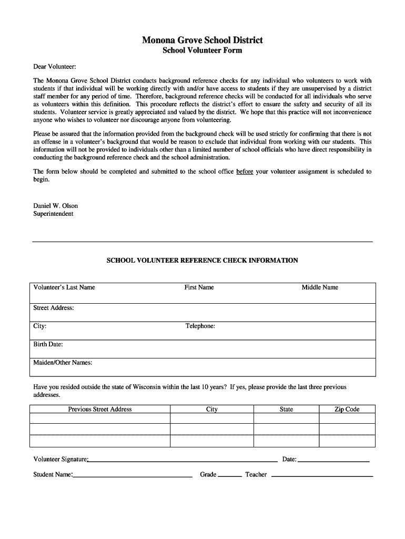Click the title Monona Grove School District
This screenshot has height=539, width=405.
202,40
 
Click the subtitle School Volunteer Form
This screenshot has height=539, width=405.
202,51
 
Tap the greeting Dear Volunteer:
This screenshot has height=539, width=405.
55,67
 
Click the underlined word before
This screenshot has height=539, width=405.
245,172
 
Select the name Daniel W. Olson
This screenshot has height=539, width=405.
56,206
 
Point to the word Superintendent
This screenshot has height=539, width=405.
53,214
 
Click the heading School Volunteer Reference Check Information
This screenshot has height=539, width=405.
202,261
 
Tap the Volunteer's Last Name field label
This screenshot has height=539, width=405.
64,287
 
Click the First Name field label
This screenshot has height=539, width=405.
199,287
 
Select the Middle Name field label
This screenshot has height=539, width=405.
320,287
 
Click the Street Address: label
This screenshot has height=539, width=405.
54,308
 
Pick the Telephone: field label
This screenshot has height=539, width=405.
200,326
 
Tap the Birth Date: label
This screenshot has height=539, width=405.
48,344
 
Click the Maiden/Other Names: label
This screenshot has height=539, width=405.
63,363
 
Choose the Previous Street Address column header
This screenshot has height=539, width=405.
100,410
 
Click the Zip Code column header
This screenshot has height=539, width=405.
347,410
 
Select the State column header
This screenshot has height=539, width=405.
287,410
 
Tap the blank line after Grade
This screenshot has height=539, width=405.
230,476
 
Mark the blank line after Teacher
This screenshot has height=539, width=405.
321,476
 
